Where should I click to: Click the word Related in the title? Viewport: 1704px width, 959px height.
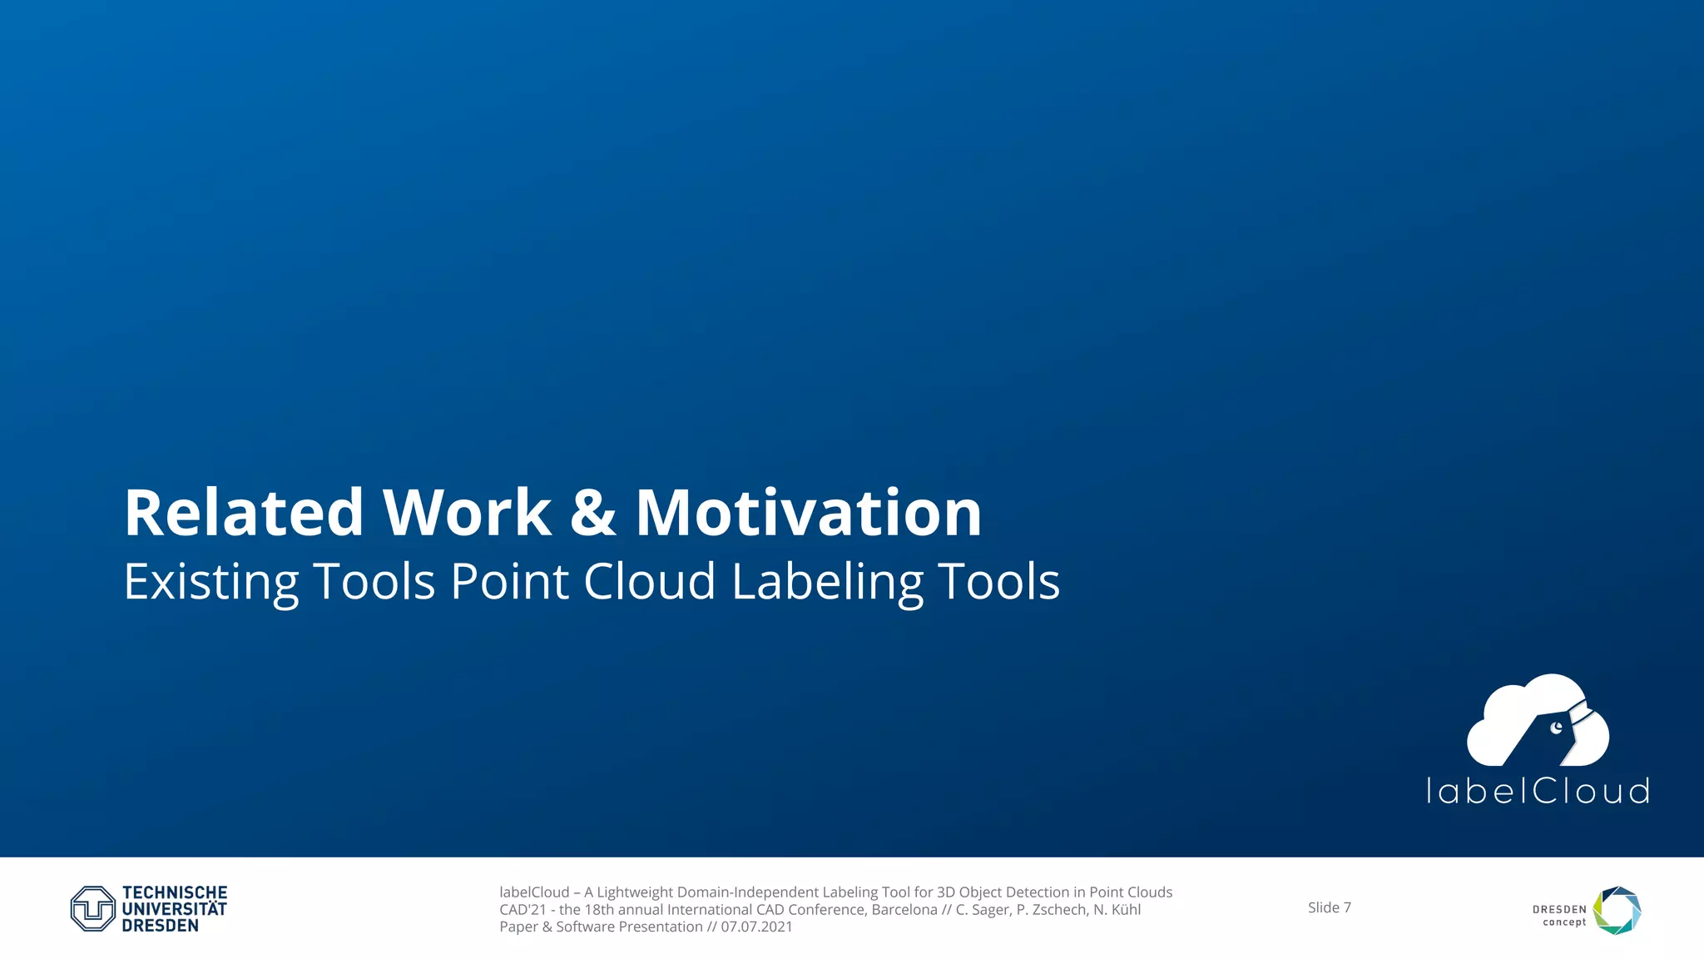coord(244,513)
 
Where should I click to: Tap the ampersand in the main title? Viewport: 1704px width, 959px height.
coord(592,513)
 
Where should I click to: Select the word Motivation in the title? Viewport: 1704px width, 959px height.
coord(808,513)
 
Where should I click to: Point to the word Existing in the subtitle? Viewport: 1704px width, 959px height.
coord(211,582)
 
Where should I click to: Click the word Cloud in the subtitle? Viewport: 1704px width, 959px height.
coord(649,581)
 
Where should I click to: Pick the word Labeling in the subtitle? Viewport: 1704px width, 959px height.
coord(827,582)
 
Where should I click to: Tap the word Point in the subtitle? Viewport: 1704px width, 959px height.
coord(509,581)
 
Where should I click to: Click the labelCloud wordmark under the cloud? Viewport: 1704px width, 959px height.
coord(1537,792)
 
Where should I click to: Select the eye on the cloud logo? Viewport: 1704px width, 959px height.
coord(1556,728)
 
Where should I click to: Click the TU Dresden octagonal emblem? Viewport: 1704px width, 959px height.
coord(92,908)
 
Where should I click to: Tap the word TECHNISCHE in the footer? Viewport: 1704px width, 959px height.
coord(175,893)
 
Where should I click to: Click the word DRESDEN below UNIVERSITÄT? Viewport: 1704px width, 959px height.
coord(160,926)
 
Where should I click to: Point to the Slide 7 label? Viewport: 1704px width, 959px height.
coord(1329,907)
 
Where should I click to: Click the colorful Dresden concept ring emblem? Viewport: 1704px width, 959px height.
coord(1617,910)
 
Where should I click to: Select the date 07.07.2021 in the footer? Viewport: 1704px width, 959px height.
coord(756,927)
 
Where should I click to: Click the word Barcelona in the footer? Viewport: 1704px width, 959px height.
coord(904,910)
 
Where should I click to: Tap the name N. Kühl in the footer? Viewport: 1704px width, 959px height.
coord(1117,910)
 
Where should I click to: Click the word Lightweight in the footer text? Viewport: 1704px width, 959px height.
coord(634,892)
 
